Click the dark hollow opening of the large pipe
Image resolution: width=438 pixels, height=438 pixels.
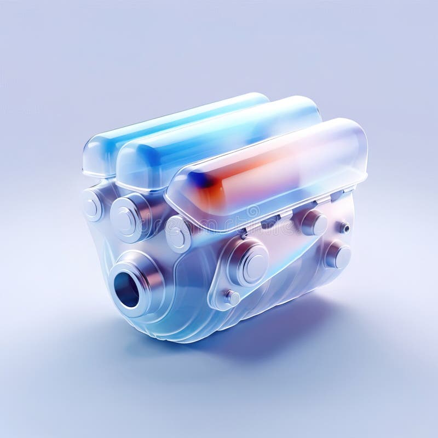coord(127,290)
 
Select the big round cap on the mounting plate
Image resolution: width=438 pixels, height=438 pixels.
coord(250,262)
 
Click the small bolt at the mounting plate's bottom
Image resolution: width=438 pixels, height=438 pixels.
coord(231,298)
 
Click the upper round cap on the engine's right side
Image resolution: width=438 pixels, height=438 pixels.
coord(314,222)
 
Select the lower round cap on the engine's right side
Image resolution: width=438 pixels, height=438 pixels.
coord(337,255)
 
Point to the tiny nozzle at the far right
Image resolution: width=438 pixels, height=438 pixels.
coord(344,227)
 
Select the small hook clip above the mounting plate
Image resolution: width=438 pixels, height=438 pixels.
coord(243,233)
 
